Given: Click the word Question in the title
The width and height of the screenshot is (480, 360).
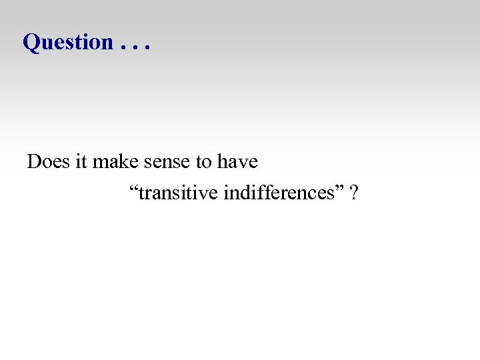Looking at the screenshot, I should click(x=68, y=42).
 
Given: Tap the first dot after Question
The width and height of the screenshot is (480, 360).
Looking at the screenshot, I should click(x=124, y=49).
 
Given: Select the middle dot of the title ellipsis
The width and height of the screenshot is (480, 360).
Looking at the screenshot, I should click(x=136, y=49).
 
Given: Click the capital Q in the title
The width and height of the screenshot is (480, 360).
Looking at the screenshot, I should click(x=31, y=42).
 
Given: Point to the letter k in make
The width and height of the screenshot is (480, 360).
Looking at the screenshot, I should click(x=122, y=162).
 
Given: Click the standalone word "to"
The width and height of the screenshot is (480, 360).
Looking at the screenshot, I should click(x=204, y=163).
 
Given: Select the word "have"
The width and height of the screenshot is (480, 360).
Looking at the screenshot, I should click(x=237, y=162).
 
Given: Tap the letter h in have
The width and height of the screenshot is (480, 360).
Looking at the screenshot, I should click(x=222, y=162).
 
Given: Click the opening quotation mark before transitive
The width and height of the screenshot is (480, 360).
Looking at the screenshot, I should click(x=133, y=189).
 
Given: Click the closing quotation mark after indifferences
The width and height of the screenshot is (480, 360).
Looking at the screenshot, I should click(x=343, y=189).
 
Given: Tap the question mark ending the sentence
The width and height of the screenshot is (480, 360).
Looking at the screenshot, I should click(x=354, y=194).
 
